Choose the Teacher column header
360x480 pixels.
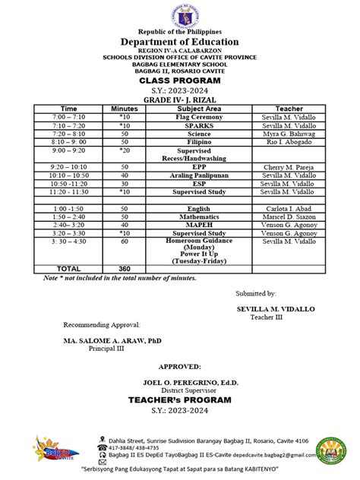[289, 109]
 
